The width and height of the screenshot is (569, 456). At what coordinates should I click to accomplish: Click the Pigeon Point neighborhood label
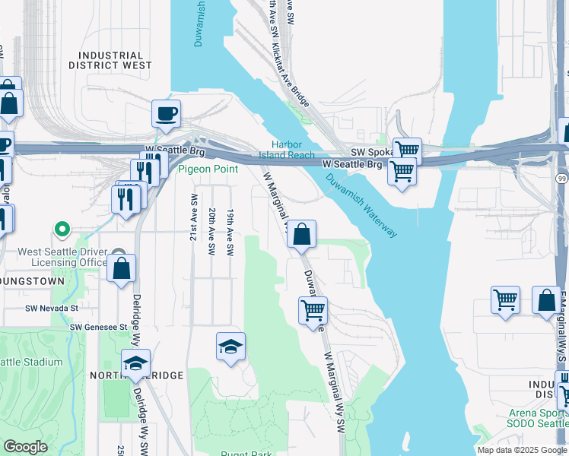(208, 169)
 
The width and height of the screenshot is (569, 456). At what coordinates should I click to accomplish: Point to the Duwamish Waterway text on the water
(361, 205)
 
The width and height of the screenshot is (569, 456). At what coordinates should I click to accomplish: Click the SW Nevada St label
(52, 309)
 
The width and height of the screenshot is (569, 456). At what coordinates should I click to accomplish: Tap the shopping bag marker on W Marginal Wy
(302, 235)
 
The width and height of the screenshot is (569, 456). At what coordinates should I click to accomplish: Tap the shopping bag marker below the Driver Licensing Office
(121, 268)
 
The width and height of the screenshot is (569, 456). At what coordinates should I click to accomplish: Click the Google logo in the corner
(25, 447)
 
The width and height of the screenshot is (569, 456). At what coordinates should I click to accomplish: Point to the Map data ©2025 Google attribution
(522, 449)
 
